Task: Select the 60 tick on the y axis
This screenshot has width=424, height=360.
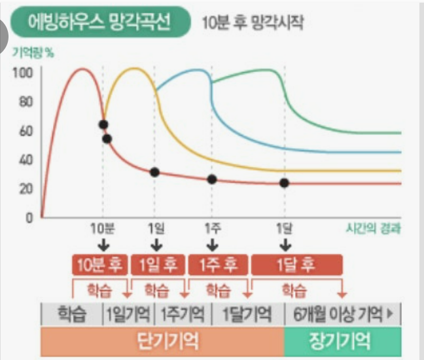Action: click(x=26, y=131)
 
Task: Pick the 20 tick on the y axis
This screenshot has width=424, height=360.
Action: click(x=26, y=189)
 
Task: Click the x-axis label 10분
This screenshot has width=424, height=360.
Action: click(x=102, y=228)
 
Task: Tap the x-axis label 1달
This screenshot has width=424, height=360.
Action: click(x=284, y=228)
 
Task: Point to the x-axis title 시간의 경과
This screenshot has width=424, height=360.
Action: click(x=373, y=228)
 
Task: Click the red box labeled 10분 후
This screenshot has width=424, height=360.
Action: click(x=99, y=264)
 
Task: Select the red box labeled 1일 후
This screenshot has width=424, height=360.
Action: click(x=158, y=264)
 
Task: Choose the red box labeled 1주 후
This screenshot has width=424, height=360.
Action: click(x=218, y=264)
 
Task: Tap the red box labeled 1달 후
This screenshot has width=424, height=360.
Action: click(x=296, y=264)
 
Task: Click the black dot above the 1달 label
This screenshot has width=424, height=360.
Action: click(x=284, y=183)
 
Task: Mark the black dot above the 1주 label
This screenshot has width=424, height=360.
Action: click(x=212, y=179)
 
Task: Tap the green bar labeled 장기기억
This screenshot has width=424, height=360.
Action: click(x=342, y=340)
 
